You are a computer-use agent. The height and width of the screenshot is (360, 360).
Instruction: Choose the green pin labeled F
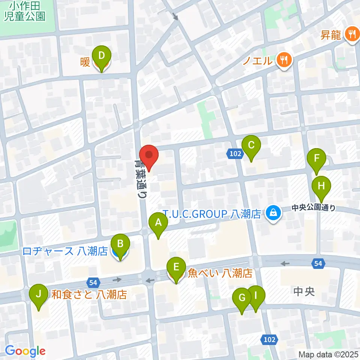click(317, 160)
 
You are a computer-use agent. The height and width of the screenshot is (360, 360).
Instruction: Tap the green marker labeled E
click(175, 268)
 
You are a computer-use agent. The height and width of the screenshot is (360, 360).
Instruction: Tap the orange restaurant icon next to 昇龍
click(351, 35)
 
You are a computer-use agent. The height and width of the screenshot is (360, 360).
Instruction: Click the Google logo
click(25, 351)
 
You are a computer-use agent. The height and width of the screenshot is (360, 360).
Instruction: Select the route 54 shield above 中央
click(318, 264)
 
